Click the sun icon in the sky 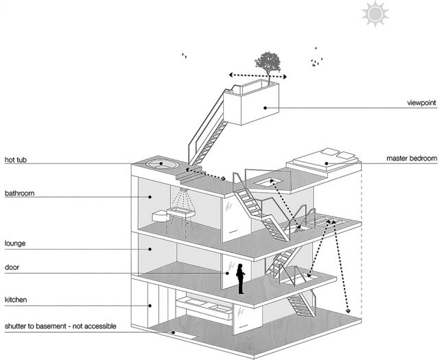click(x=375, y=13)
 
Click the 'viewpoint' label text click(x=421, y=103)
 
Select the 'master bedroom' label click(x=412, y=158)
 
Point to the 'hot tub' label click(x=16, y=160)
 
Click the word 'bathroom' click(x=19, y=193)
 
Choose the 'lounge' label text click(x=15, y=243)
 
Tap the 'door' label click(x=12, y=267)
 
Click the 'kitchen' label click(x=16, y=300)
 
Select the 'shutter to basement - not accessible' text click(x=60, y=326)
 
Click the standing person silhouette click(x=240, y=278)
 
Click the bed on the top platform click(x=325, y=160)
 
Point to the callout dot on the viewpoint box click(x=265, y=108)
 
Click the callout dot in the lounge click(x=150, y=249)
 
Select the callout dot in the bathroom click(x=150, y=197)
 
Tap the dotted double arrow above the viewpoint click(x=258, y=75)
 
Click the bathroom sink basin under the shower click(x=180, y=212)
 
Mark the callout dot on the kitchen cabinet click(x=150, y=306)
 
